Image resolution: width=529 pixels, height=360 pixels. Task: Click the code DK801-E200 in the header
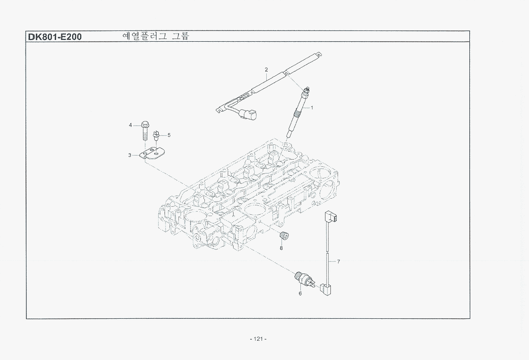click(x=55, y=36)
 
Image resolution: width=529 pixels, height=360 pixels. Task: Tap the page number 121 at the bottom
click(x=258, y=339)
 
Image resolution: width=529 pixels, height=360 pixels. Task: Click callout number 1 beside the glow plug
click(x=312, y=108)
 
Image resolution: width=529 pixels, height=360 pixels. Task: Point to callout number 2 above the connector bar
click(x=266, y=70)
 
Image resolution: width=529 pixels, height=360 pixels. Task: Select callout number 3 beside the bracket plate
click(x=130, y=155)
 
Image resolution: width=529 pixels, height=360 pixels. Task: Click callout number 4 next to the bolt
click(x=130, y=126)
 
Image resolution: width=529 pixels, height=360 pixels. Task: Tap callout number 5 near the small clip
click(x=169, y=135)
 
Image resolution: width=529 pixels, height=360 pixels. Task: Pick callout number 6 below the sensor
click(x=300, y=294)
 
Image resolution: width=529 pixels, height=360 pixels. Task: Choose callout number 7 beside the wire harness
click(x=338, y=261)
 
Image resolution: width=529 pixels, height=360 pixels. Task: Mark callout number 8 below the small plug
click(x=281, y=248)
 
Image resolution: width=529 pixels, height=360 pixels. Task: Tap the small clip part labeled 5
click(x=156, y=135)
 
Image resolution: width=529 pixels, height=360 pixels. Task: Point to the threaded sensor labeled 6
click(x=304, y=279)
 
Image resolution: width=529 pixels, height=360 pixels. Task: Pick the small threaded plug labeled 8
click(x=284, y=235)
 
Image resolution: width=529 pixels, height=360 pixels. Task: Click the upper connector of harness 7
click(x=331, y=217)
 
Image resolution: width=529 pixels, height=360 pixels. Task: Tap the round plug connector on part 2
click(x=248, y=114)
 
